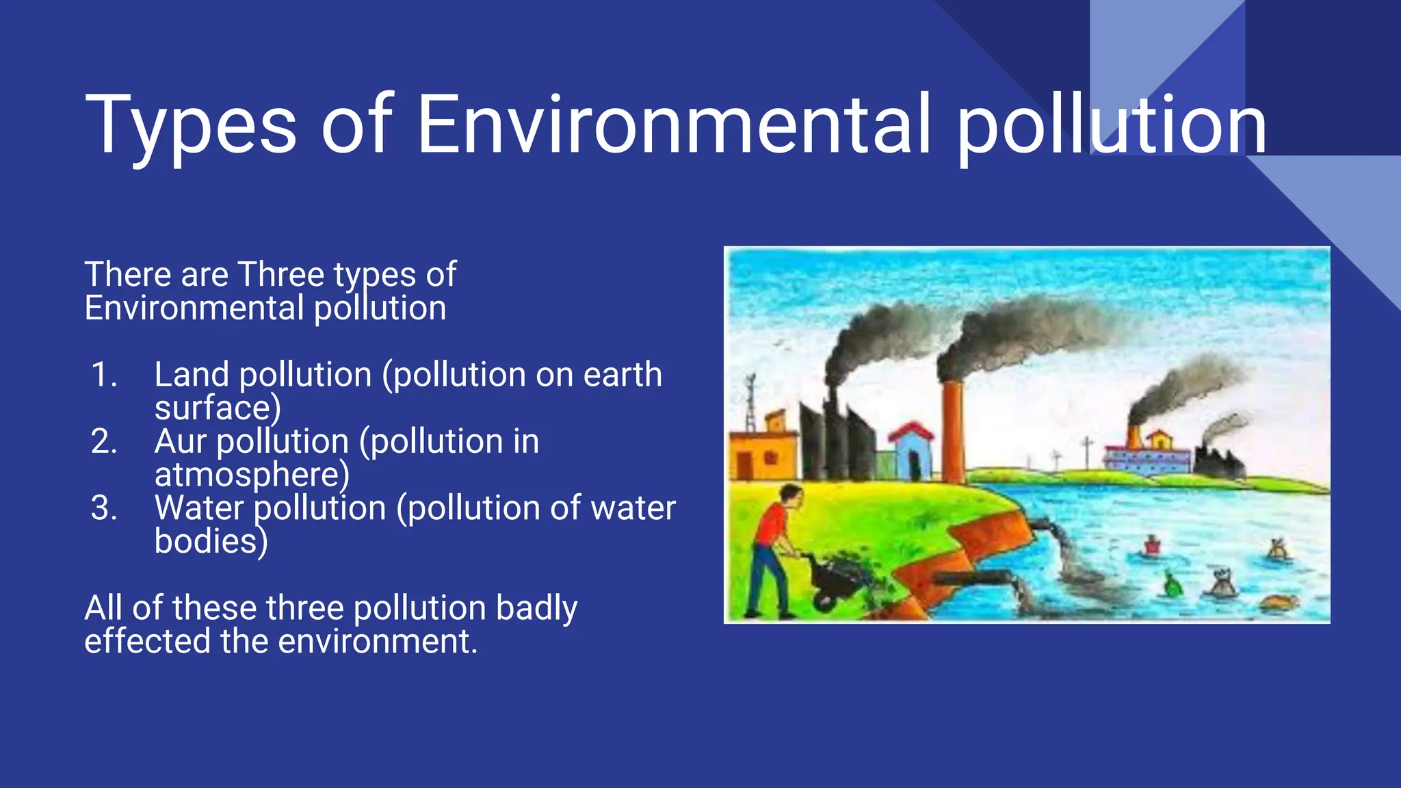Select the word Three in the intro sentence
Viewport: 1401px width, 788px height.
click(x=280, y=274)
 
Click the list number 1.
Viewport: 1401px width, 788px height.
click(x=104, y=375)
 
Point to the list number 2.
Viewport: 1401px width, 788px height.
click(x=104, y=441)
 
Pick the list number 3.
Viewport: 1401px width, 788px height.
click(x=104, y=508)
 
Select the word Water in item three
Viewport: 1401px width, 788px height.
click(x=199, y=508)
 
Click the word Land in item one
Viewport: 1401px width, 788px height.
click(x=192, y=375)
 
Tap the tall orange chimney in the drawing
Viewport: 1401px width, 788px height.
click(x=952, y=431)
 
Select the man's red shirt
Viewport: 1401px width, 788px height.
click(x=772, y=524)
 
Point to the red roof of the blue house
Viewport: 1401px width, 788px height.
click(x=911, y=431)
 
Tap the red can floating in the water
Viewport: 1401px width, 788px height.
click(x=1152, y=545)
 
